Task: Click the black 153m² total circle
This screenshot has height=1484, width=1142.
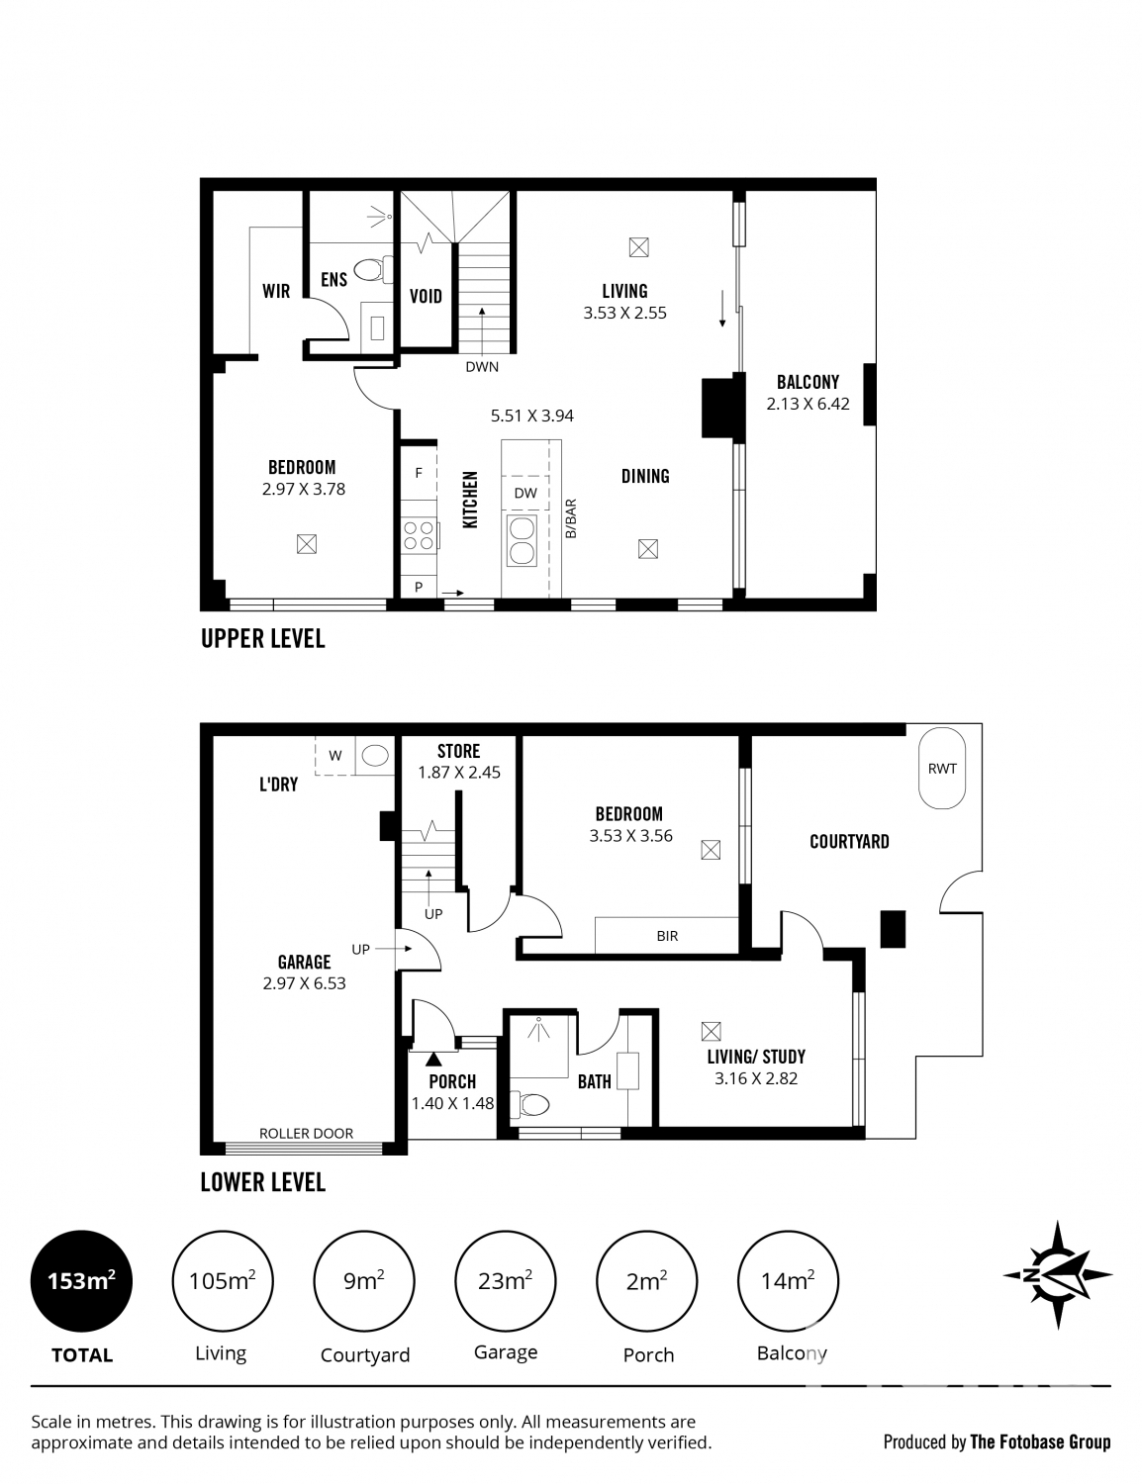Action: (82, 1282)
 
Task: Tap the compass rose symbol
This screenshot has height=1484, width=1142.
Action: (1058, 1275)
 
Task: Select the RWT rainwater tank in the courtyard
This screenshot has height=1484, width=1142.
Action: (941, 770)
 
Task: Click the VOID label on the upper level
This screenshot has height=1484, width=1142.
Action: (426, 296)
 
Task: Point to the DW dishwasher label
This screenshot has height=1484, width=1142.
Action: (525, 493)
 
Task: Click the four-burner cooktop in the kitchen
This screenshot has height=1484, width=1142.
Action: (419, 535)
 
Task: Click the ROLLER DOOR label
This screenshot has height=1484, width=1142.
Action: (306, 1134)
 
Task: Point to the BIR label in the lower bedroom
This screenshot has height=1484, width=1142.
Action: (667, 936)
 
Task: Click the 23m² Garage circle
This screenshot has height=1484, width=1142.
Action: (505, 1282)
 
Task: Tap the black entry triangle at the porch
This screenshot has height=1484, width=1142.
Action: (433, 1060)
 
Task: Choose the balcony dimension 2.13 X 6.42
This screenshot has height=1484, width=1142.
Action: (808, 404)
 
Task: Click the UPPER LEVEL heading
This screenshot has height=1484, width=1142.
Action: (262, 639)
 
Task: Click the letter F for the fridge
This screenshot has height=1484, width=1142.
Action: (419, 474)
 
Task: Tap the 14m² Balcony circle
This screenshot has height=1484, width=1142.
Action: (788, 1282)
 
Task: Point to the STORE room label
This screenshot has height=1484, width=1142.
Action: (458, 752)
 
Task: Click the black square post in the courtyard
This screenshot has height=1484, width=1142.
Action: (894, 928)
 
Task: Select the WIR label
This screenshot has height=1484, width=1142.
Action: (276, 291)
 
